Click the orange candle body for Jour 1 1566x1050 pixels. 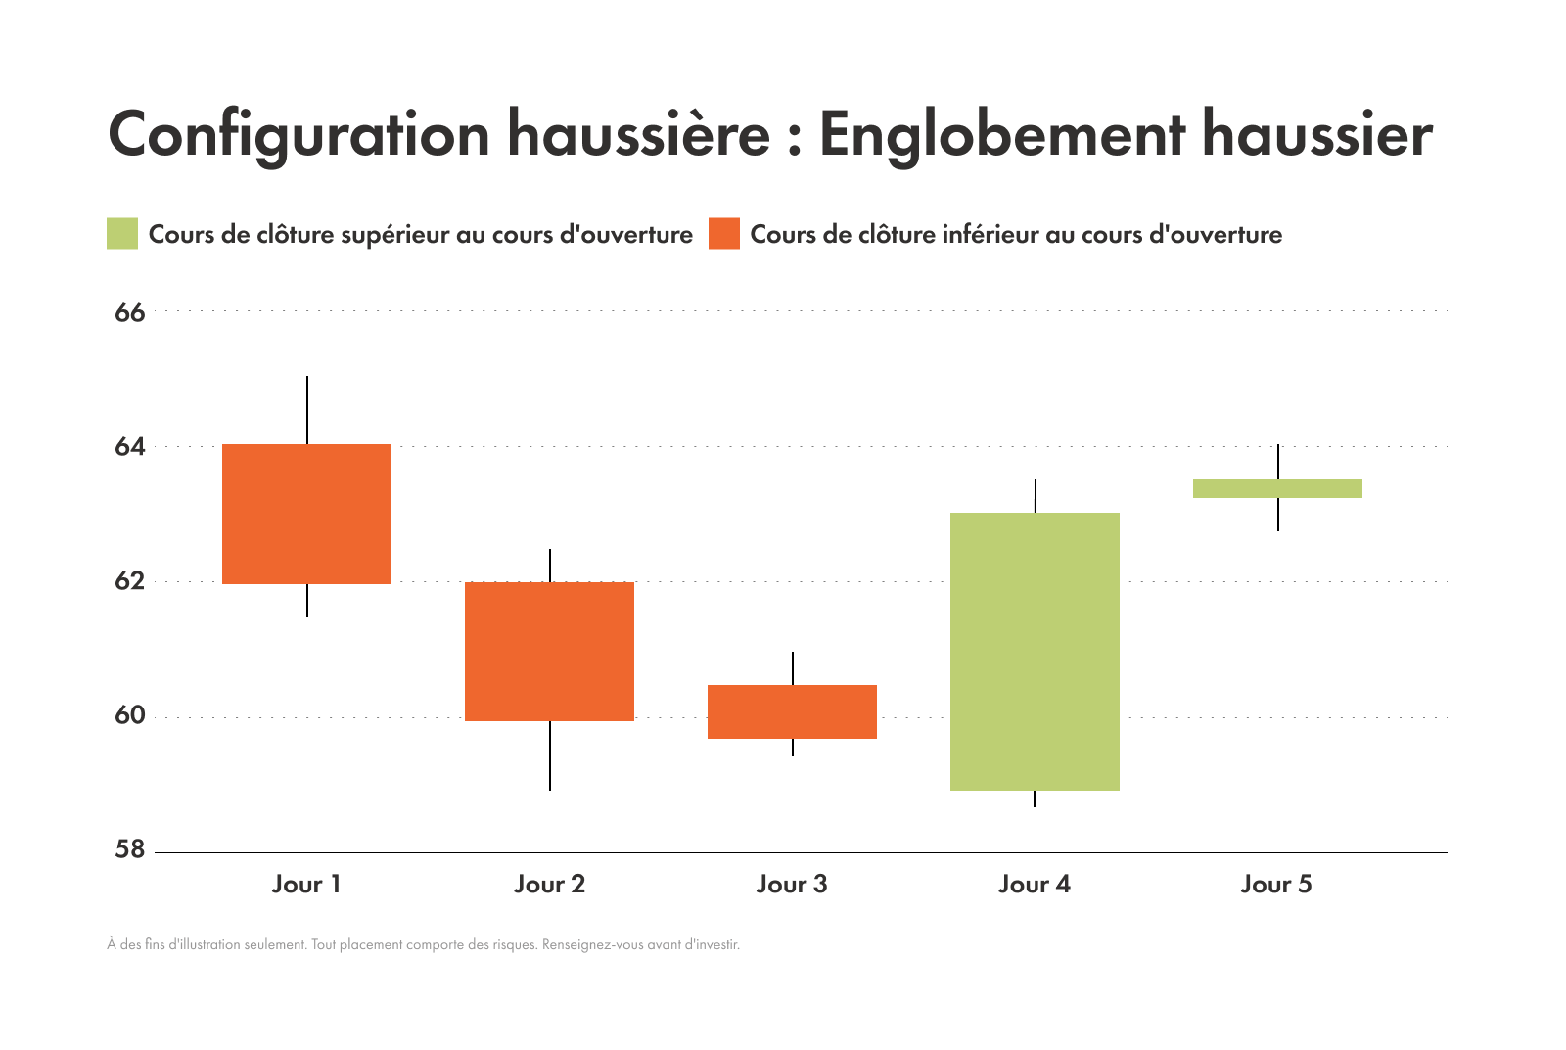306,514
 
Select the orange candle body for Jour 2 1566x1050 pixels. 549,651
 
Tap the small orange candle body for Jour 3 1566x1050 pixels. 792,711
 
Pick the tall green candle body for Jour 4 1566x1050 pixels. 1035,651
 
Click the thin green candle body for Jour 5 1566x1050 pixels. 1277,488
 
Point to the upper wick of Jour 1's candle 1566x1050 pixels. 307,410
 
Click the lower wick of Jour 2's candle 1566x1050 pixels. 550,755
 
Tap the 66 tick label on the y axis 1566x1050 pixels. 129,313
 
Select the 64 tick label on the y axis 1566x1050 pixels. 129,447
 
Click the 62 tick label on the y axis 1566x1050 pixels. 129,581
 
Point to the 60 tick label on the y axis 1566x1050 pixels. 129,715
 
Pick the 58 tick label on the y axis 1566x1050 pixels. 129,849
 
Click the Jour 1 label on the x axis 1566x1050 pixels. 306,885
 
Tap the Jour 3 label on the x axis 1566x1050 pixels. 792,885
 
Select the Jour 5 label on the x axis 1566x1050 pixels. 1276,885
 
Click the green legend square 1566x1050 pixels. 122,234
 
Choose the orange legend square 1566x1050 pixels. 724,234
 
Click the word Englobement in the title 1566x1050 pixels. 1002,135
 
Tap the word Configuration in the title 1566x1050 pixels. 299,135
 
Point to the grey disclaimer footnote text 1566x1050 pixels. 423,945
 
